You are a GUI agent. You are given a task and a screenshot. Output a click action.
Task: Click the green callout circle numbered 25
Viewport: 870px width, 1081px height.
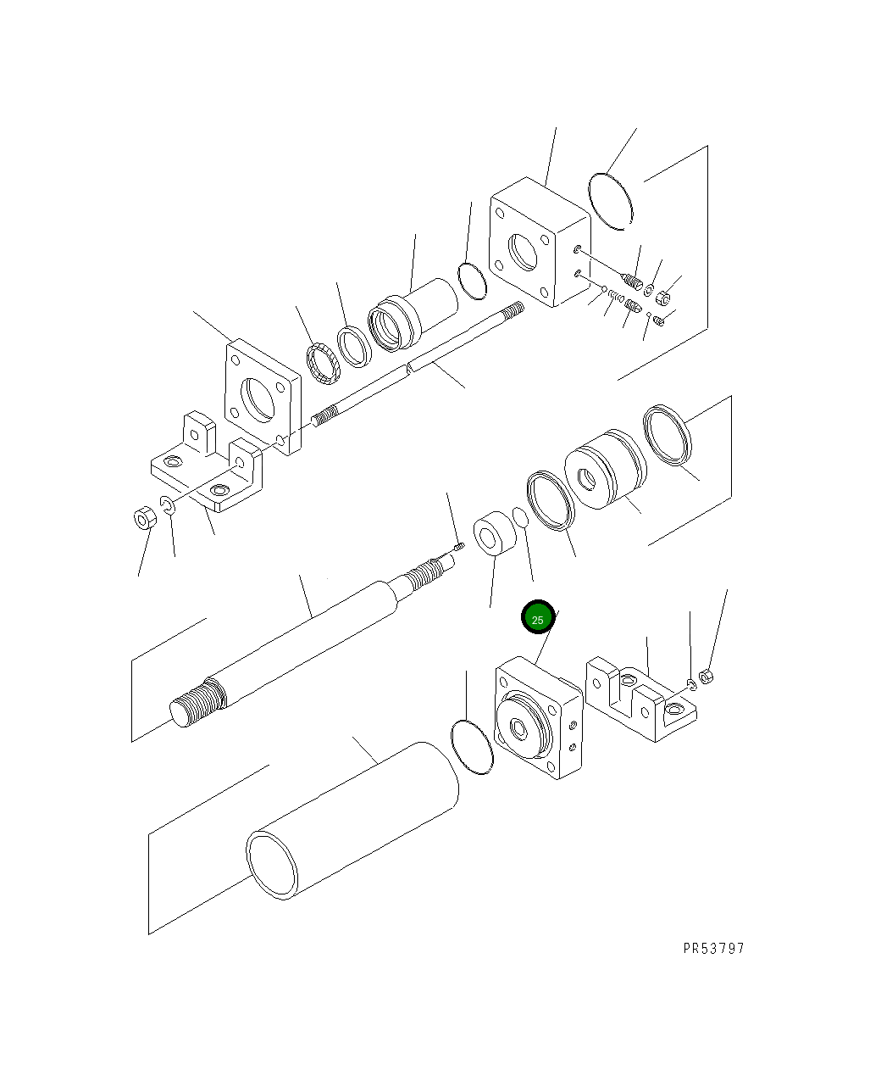tap(537, 618)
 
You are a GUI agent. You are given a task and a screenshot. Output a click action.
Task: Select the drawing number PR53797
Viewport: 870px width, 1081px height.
tap(713, 948)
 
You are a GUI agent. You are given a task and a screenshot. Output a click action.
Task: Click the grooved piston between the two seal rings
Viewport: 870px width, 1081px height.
tap(604, 472)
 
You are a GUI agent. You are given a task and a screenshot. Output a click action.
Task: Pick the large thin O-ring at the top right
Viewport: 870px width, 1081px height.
tap(611, 200)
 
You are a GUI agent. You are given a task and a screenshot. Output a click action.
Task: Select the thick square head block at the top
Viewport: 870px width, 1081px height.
tap(539, 242)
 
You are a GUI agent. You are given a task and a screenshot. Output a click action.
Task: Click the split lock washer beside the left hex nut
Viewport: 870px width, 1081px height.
tap(168, 507)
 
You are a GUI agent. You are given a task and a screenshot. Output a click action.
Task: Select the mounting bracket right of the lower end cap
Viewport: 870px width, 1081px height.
tap(641, 697)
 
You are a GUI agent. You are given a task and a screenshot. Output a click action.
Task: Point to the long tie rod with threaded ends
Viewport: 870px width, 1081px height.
tap(415, 366)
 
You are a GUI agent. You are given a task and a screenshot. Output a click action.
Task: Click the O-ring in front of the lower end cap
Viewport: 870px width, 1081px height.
tap(472, 746)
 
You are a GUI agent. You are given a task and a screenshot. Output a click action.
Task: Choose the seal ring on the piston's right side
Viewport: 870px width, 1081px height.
tap(668, 436)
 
